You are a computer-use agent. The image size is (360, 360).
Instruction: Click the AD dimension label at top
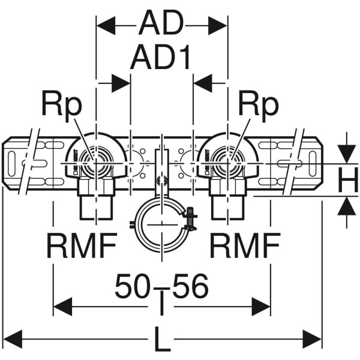161,25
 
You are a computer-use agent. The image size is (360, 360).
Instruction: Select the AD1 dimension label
161,58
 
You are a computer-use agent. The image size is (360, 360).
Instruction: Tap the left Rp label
61,105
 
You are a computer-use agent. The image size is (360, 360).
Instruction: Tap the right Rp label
259,105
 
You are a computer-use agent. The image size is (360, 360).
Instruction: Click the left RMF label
82,245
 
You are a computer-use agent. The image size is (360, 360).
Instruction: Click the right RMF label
245,245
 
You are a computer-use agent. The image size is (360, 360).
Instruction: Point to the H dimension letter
347,178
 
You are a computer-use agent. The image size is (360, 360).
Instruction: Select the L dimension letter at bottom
161,341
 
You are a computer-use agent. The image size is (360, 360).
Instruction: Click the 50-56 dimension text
161,286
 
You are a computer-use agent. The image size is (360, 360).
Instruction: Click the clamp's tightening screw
190,218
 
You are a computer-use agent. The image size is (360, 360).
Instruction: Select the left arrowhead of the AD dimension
106,25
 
